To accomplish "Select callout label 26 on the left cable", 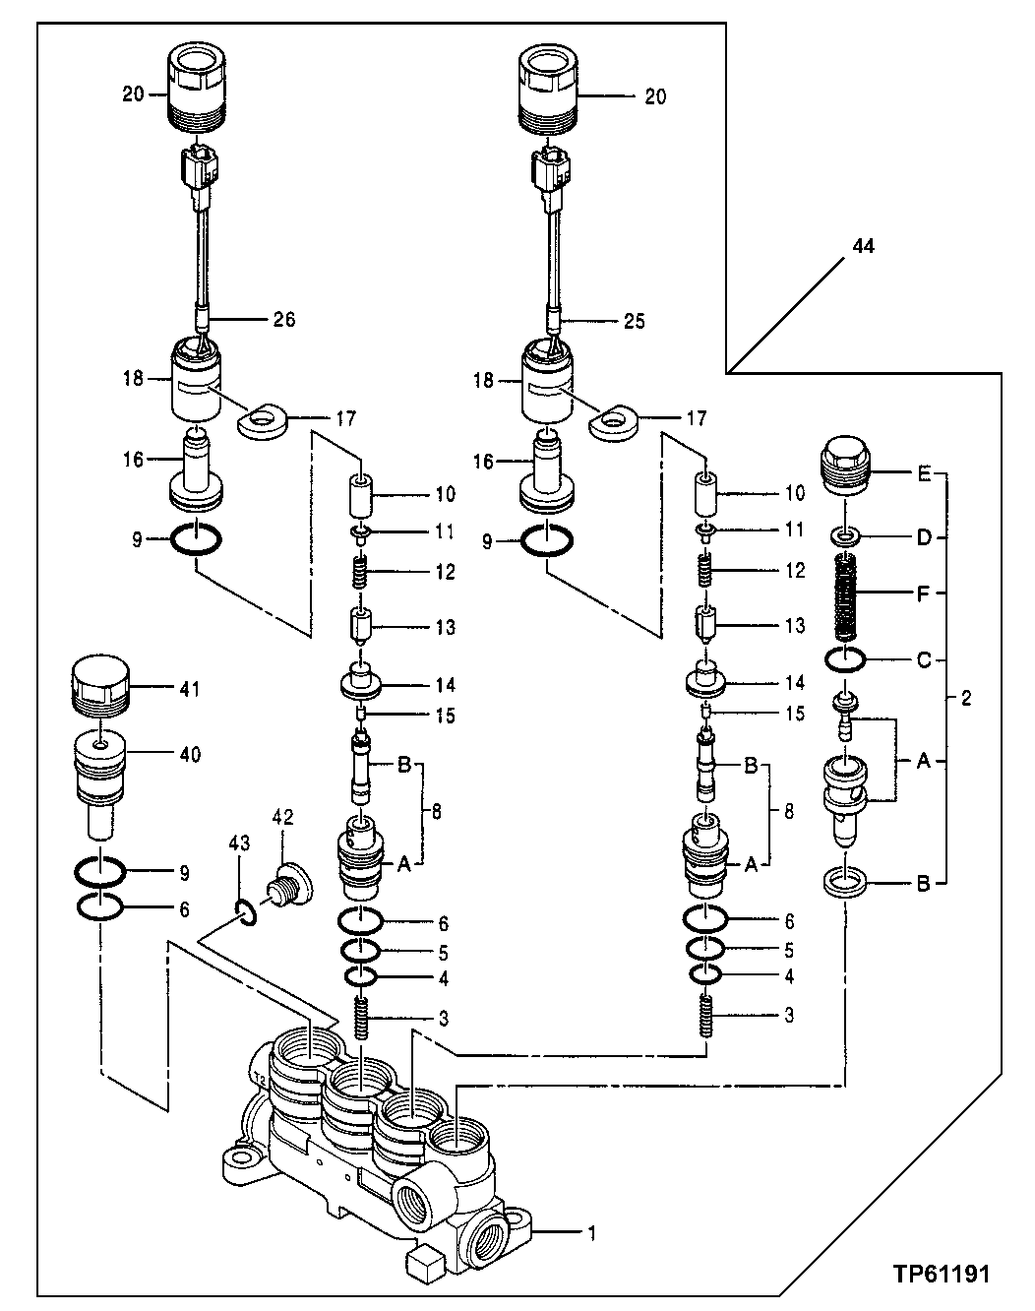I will pos(282,319).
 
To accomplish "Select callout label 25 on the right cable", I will pos(634,321).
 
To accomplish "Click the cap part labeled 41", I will pos(100,686).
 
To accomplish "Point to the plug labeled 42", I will pos(287,882).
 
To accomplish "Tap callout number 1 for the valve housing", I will pos(591,1231).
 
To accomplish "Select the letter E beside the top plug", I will pos(924,474).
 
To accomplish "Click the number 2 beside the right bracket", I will pos(965,699).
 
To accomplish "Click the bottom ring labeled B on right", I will pos(846,881).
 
